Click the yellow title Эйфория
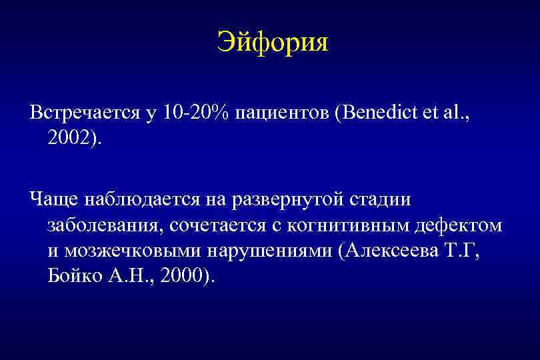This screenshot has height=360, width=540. coord(273,44)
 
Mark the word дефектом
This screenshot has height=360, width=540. coord(460,225)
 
